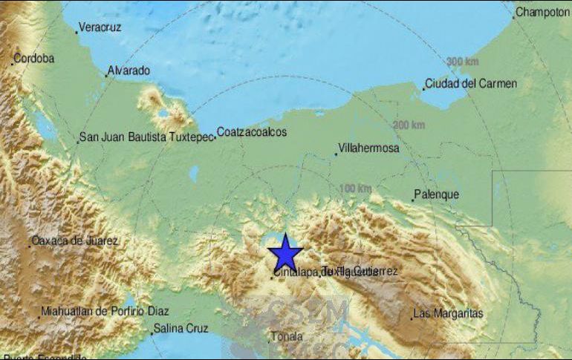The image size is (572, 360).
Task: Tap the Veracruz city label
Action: point(100,27)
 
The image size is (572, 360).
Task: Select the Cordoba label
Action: point(34,59)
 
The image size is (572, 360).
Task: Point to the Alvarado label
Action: point(129,71)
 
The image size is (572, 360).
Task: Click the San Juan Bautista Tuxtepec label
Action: point(146,137)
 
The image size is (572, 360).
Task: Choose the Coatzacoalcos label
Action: point(251,133)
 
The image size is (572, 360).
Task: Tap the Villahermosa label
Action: point(368,148)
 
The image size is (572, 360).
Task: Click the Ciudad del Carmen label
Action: point(471,84)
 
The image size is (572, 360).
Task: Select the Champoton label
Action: point(542,12)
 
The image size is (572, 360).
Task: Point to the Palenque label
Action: point(437,195)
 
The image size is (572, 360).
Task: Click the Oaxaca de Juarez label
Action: point(75,241)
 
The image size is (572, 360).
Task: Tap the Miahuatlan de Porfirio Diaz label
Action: point(105,312)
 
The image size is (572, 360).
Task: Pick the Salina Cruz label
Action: point(181,328)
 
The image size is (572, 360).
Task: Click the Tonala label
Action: point(287,336)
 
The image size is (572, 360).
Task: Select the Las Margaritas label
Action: point(449,314)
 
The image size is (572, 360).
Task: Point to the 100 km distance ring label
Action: point(355,189)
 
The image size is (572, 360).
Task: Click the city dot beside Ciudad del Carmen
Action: point(424,89)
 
